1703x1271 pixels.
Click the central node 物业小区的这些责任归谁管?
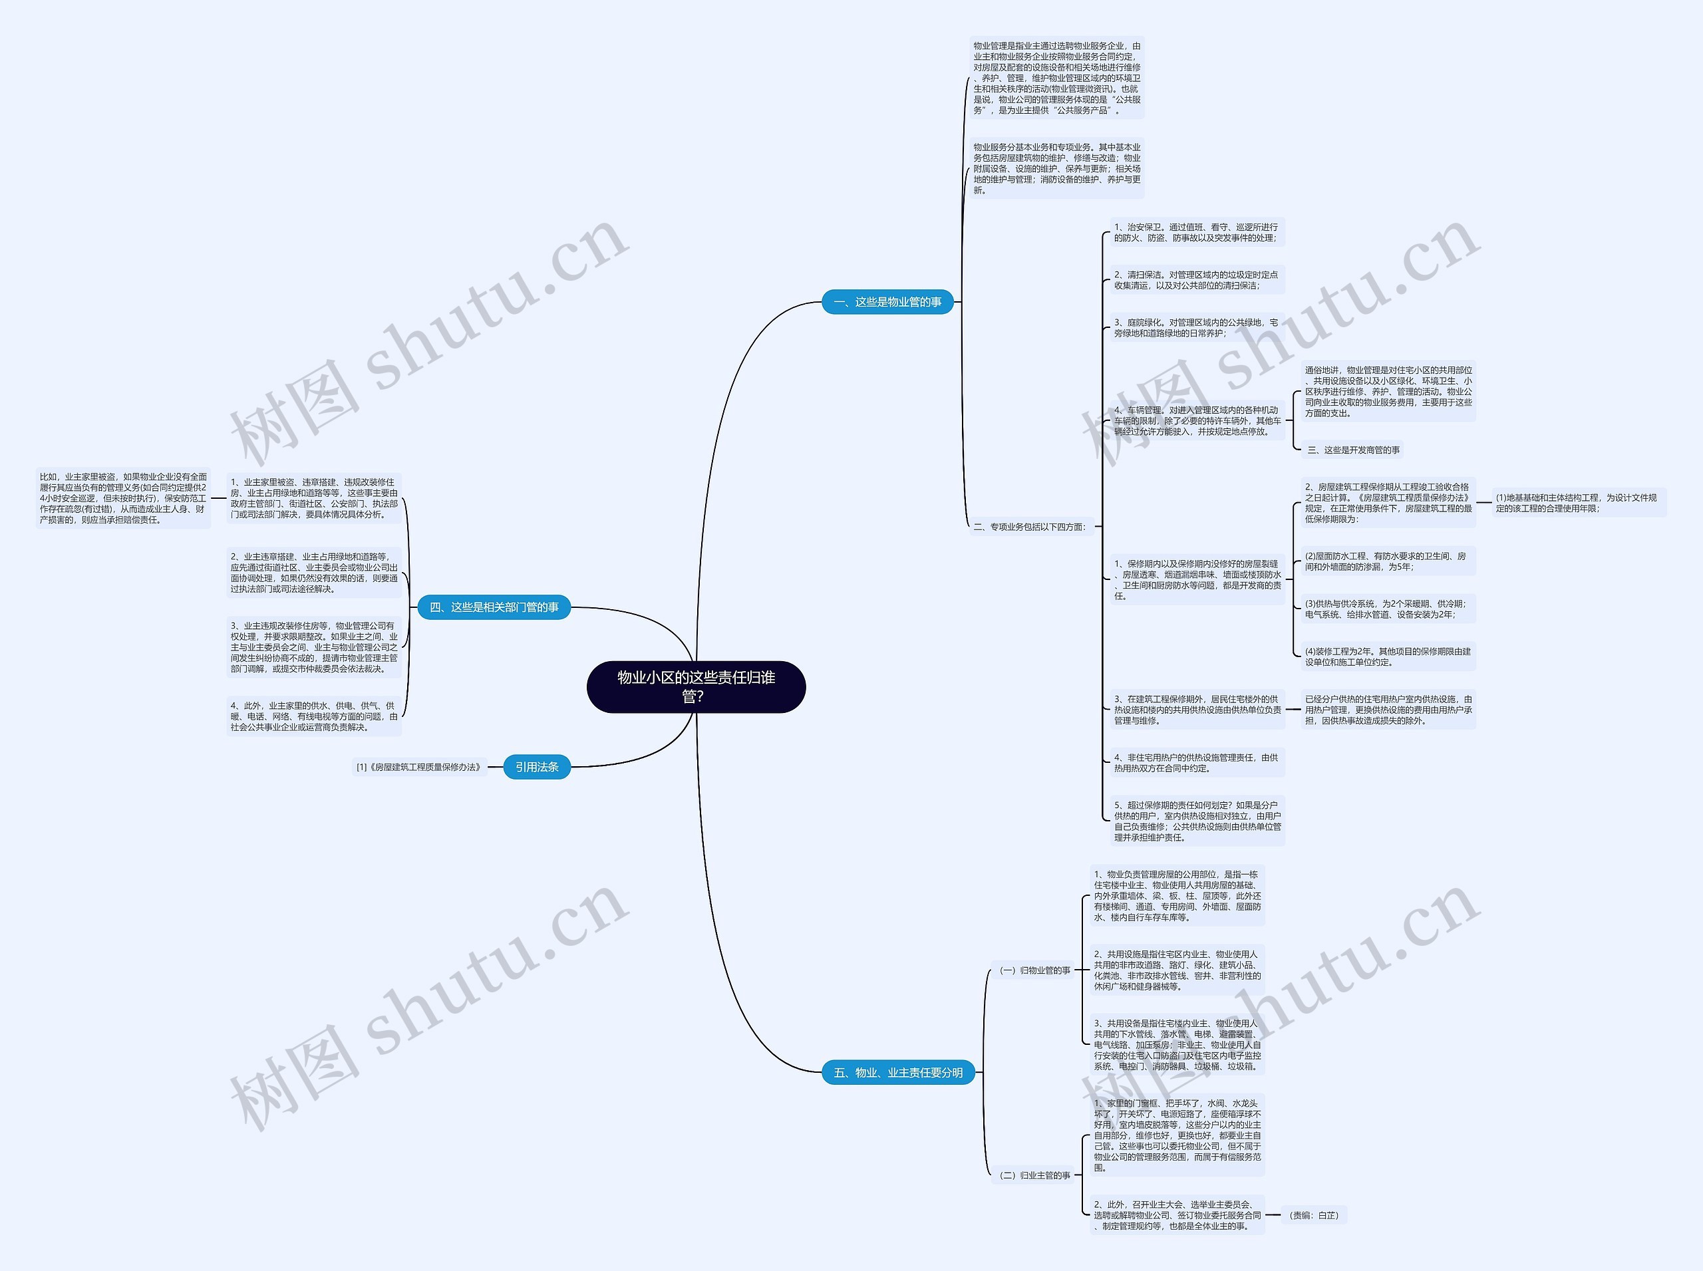[696, 686]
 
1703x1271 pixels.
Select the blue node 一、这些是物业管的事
[887, 301]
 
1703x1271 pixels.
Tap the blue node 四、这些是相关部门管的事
[494, 607]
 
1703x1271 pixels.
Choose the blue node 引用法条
[536, 767]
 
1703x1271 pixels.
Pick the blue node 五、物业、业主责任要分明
[898, 1073]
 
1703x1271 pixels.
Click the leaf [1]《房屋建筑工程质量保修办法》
[419, 767]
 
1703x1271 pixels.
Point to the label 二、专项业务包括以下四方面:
[1030, 527]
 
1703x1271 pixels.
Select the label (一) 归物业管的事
[1034, 970]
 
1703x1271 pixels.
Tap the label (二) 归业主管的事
[1034, 1176]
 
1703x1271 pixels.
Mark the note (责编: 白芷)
[1314, 1216]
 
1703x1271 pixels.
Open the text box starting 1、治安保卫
[1196, 232]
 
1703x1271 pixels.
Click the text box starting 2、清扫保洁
[1196, 280]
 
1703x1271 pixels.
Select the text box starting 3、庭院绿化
[1196, 328]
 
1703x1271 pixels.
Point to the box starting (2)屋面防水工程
[1388, 561]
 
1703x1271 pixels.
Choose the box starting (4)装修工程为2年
[1388, 657]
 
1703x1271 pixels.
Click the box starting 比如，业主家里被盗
[123, 499]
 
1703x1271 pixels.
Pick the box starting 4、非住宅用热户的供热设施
[1196, 764]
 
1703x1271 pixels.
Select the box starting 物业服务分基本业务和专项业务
[1056, 168]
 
